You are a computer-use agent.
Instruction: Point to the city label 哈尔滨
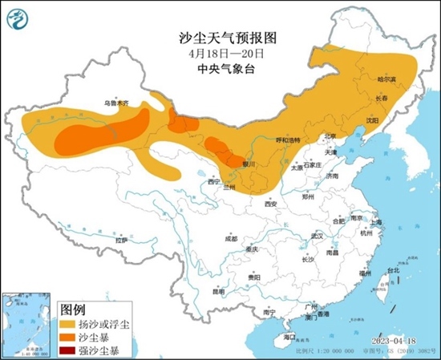[x=387, y=79]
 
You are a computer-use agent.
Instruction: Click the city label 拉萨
[x=121, y=239]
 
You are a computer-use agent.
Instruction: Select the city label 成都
[x=231, y=238]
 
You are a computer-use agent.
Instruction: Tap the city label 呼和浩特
[x=286, y=140]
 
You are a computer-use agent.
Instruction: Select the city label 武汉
[x=317, y=236]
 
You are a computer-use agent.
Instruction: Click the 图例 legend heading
[x=74, y=309]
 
